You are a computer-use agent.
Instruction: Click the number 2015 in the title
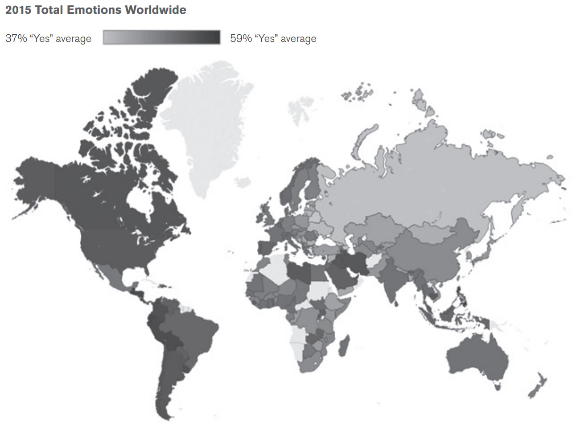point(18,10)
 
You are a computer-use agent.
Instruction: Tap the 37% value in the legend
point(16,38)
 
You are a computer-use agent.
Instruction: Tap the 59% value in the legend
point(241,38)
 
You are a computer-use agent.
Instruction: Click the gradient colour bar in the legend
point(161,37)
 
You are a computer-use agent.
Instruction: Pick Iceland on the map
point(243,182)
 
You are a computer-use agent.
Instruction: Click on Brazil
point(192,334)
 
